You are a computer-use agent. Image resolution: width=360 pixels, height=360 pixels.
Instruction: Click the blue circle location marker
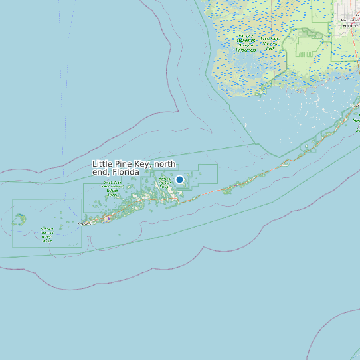pos(179,179)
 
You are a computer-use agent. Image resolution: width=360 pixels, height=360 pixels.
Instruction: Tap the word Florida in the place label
pos(126,172)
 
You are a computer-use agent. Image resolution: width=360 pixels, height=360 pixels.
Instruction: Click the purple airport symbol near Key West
pos(107,218)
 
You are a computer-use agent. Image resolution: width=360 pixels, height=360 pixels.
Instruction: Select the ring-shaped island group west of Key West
pos(20,218)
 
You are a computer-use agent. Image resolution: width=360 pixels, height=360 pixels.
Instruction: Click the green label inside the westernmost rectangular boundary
pos(46,234)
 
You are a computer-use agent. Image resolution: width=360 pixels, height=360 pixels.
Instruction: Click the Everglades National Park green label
pos(246,44)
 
